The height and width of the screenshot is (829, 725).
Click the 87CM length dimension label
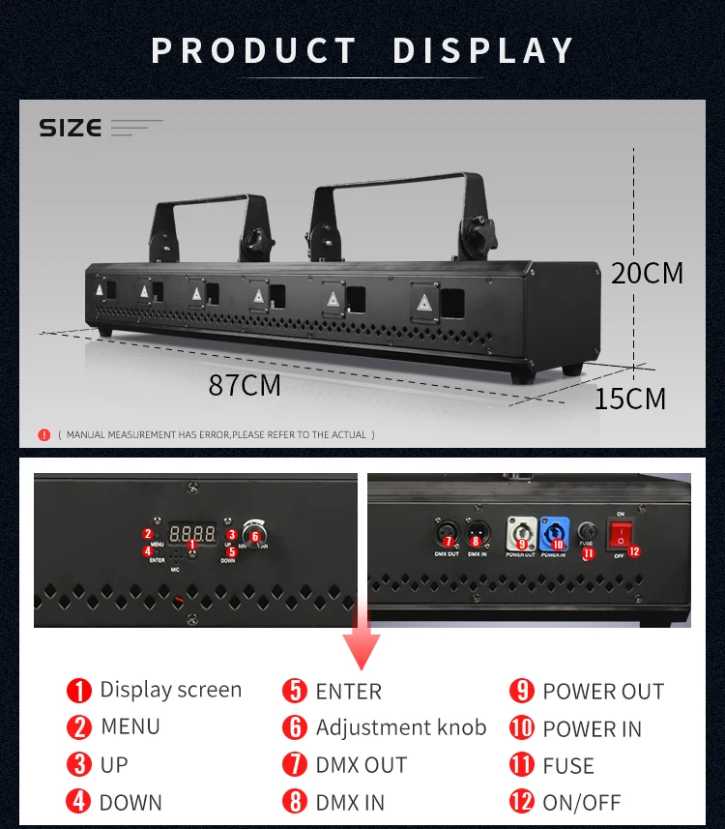click(245, 385)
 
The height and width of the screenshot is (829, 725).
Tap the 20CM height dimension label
click(647, 273)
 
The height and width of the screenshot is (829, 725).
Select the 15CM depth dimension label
click(629, 398)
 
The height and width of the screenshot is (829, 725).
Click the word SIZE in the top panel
click(70, 128)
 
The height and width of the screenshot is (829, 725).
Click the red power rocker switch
click(618, 531)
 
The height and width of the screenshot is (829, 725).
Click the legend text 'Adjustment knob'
click(401, 727)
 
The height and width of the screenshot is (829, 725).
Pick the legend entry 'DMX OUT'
click(362, 764)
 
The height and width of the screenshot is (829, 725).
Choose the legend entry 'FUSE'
click(568, 765)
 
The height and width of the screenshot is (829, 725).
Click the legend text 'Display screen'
click(171, 690)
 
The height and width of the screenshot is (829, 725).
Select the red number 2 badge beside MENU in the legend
click(78, 727)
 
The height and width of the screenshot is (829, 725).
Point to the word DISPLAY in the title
click(483, 50)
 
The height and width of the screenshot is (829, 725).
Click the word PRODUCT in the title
click(254, 50)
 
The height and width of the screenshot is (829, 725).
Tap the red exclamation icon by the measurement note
click(43, 435)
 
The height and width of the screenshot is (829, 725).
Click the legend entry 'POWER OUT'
click(603, 692)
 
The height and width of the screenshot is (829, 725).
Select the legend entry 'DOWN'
click(131, 802)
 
